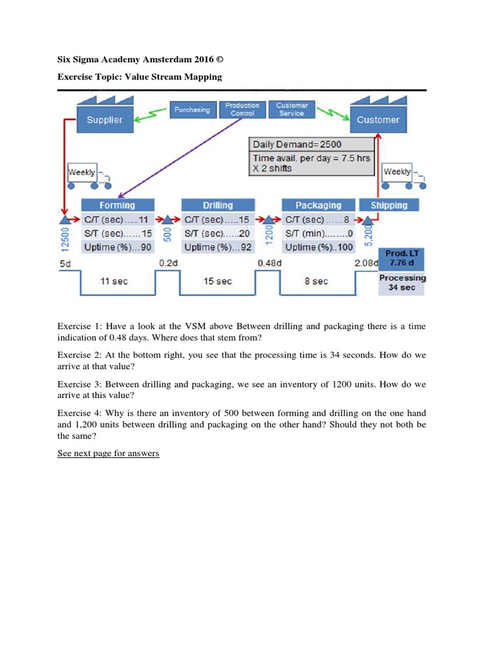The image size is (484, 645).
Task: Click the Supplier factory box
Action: (105, 120)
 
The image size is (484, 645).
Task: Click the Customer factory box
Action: (378, 120)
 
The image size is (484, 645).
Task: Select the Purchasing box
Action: (192, 110)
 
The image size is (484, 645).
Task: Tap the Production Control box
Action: (243, 110)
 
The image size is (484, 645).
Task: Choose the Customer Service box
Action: (292, 110)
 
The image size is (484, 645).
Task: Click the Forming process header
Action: (117, 205)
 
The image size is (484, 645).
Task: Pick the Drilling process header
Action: (218, 205)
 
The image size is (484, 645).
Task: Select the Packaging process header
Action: (318, 205)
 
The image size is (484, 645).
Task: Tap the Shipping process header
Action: (389, 205)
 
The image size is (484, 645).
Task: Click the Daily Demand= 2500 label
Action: (297, 145)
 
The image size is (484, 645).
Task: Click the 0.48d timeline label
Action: (269, 263)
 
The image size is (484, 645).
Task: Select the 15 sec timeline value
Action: (217, 281)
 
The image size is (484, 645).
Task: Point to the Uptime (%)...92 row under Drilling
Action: (217, 248)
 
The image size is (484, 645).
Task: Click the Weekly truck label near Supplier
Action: (82, 172)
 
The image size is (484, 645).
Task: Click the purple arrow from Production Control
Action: (176, 157)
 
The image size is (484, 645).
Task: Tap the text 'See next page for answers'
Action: (108, 454)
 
